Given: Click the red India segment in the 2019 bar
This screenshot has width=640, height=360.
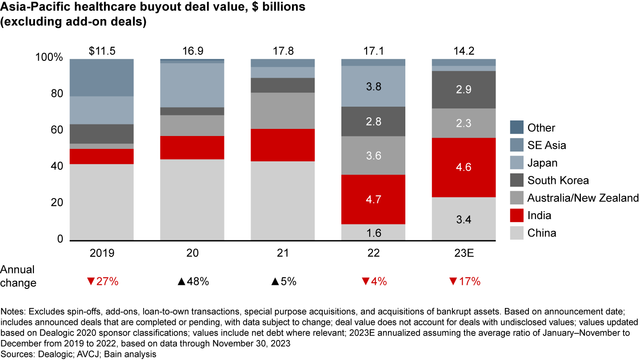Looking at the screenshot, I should click(x=102, y=156).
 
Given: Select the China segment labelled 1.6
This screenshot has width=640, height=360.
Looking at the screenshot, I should click(x=373, y=232).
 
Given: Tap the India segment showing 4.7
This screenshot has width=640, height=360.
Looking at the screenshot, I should click(x=373, y=199).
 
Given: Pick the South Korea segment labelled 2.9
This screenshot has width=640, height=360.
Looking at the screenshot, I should click(x=464, y=89).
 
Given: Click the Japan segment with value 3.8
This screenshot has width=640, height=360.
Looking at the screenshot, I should click(x=373, y=86).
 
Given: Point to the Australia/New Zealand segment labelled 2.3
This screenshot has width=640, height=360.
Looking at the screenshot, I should click(x=464, y=123).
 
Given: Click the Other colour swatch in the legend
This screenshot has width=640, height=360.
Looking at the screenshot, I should click(x=516, y=128).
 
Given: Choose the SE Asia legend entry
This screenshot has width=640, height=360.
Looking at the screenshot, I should click(x=547, y=145).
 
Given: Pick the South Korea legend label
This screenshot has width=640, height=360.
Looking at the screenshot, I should click(x=558, y=180).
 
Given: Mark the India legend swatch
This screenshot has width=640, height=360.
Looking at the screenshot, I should click(x=516, y=215).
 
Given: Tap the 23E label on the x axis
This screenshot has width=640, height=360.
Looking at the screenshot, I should click(x=464, y=253).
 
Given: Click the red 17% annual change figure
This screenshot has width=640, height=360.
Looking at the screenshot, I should click(x=469, y=281).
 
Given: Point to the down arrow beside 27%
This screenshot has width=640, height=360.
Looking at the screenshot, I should click(x=91, y=281).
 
